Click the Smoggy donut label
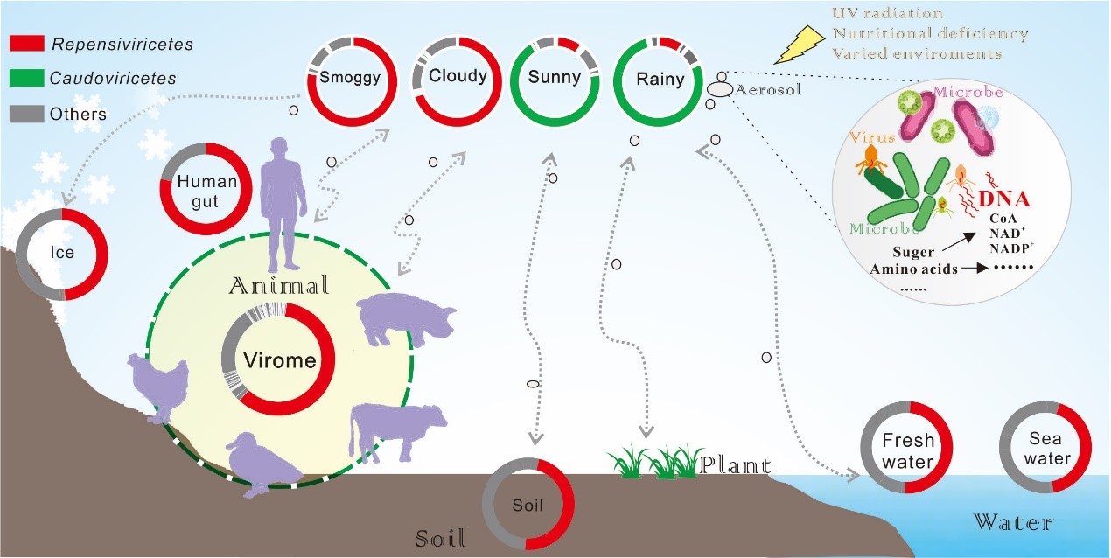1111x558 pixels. coord(350,77)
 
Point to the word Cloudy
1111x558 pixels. coord(458,76)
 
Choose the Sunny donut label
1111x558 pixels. coord(555,77)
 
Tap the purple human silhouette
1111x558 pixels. coord(284,201)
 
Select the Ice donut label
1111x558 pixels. coord(62,255)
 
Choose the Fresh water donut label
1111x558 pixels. coord(908,450)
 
